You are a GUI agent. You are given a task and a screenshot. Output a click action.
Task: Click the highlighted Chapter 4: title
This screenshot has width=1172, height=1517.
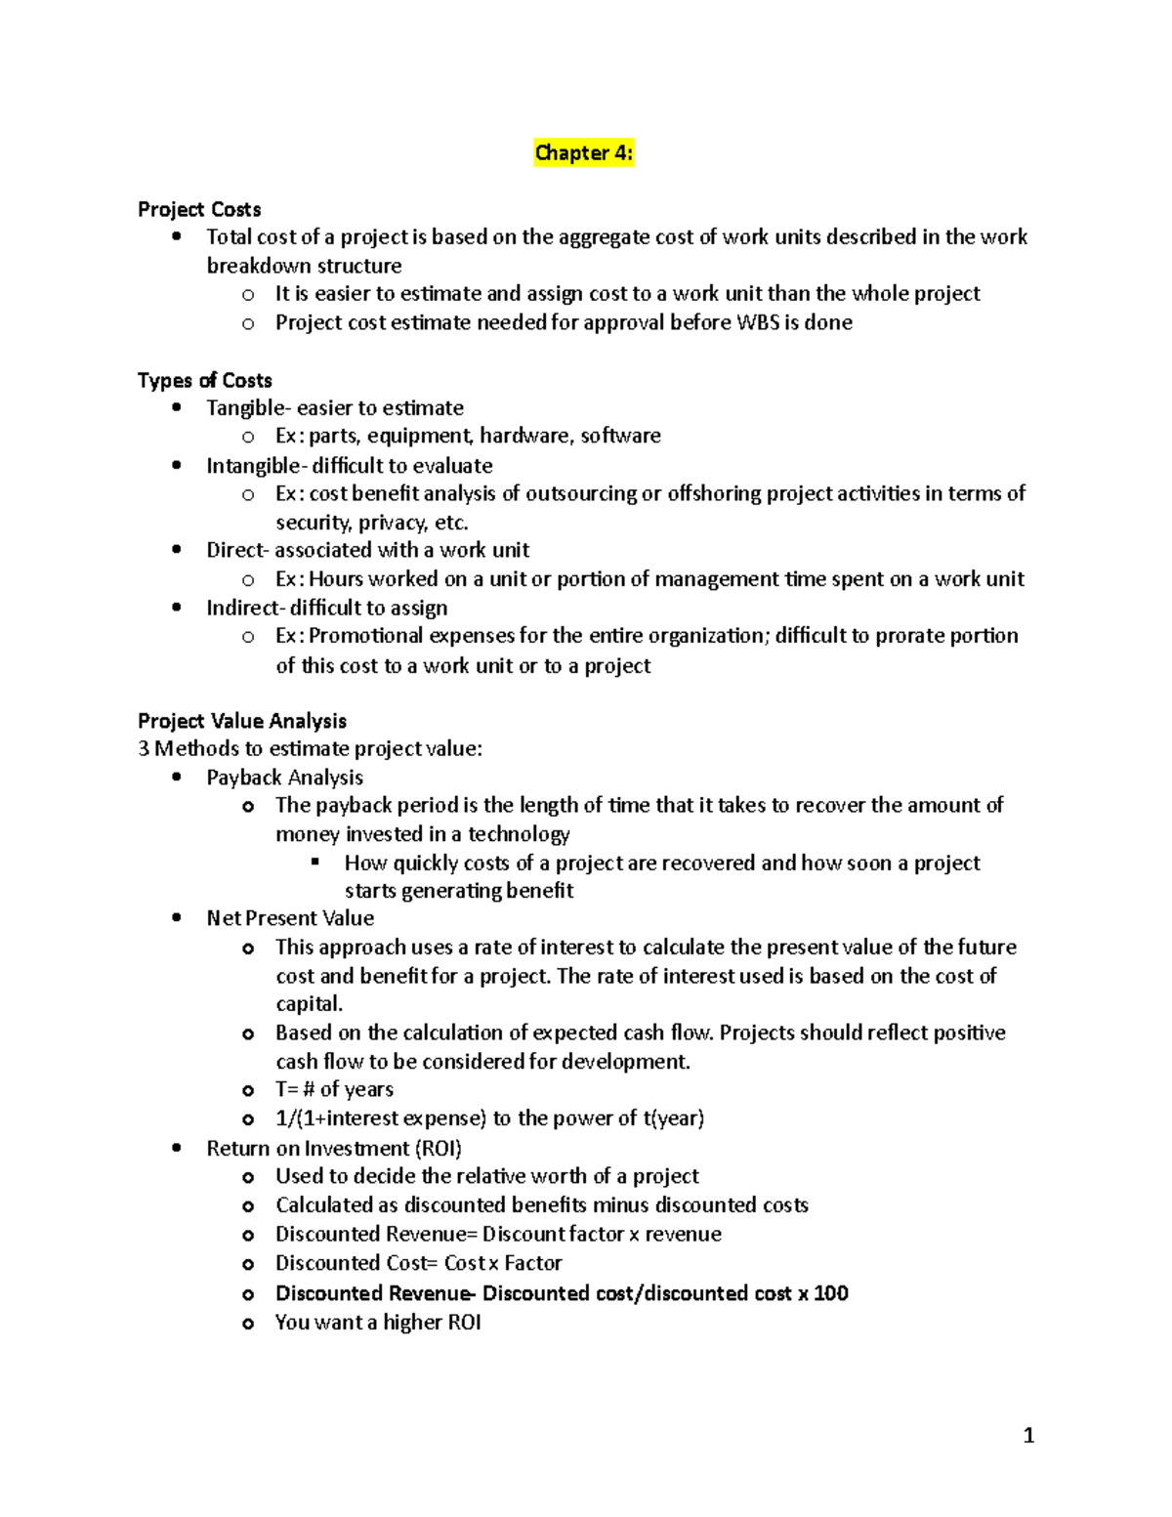point(583,153)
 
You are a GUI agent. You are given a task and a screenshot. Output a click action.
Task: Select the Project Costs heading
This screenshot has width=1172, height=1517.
point(199,209)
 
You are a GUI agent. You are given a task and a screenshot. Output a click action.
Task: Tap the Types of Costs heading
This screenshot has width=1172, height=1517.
point(204,380)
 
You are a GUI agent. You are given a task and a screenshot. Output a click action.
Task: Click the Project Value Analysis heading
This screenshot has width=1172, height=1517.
point(242,721)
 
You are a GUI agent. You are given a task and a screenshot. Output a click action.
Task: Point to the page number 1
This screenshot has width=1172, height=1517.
point(1027,1435)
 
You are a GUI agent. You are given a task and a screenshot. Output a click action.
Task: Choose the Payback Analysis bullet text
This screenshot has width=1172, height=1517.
point(284,778)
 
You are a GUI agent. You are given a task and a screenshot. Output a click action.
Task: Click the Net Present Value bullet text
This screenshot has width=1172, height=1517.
point(290,918)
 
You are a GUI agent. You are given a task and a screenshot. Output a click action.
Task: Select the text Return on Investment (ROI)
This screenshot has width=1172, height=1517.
point(334,1149)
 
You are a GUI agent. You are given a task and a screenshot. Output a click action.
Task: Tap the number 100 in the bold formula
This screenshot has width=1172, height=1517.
point(830,1293)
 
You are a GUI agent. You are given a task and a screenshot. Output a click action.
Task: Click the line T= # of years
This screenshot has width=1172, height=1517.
point(334,1089)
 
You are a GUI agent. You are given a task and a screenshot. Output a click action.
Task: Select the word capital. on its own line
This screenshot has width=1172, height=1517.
point(309,1004)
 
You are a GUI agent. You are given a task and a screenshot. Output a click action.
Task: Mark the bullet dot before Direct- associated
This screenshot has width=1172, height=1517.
point(176,550)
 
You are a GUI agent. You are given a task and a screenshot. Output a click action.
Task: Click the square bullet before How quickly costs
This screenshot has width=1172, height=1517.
point(315,862)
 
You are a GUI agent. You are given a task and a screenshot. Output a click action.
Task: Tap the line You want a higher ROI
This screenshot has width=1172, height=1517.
point(378,1323)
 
